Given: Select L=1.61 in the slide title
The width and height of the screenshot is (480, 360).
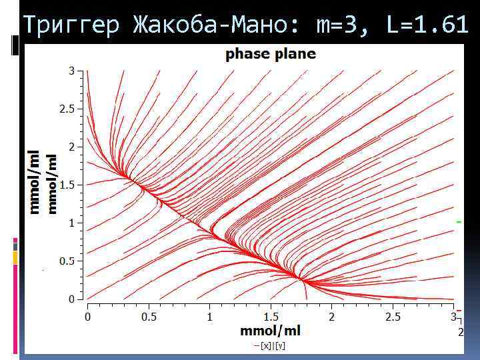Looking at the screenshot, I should click(427, 26).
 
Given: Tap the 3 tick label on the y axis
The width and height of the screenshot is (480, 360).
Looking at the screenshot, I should click(71, 70).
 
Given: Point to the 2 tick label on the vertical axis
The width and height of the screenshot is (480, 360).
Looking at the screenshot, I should click(71, 147).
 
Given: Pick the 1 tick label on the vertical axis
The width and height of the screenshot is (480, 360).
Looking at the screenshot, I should click(71, 223).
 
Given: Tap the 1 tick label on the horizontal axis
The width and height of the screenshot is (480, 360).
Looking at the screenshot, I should click(209, 317).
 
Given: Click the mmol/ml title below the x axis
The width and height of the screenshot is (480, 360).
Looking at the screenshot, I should click(270, 331).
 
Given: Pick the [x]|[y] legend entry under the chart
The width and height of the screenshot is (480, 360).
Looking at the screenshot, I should click(273, 345).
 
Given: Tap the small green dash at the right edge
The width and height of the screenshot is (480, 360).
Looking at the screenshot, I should click(458, 221).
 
